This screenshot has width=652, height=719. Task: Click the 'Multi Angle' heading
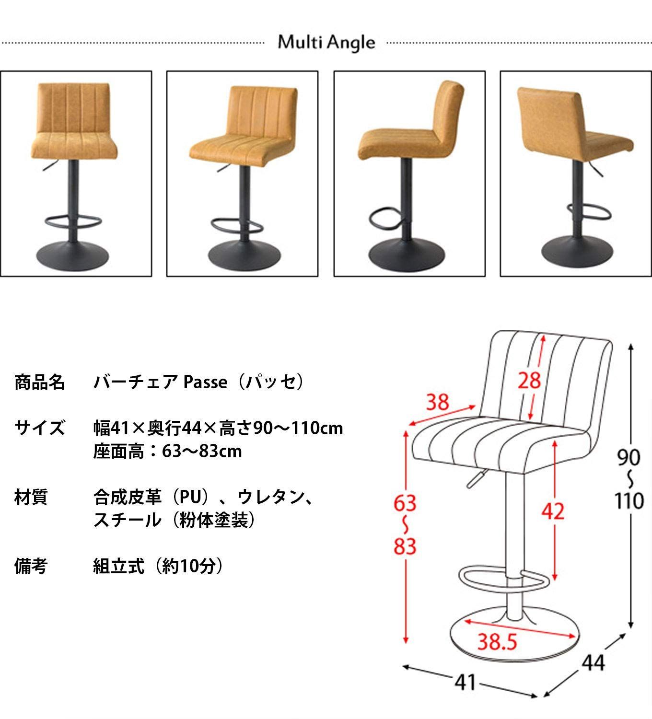pyautogui.click(x=326, y=43)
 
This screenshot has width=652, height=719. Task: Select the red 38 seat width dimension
pyautogui.click(x=437, y=402)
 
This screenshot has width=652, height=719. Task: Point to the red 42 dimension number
pyautogui.click(x=553, y=512)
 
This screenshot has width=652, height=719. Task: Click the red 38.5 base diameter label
pyautogui.click(x=497, y=641)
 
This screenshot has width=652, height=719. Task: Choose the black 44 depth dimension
pyautogui.click(x=594, y=663)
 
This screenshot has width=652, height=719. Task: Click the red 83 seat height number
pyautogui.click(x=405, y=546)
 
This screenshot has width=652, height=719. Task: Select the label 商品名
pyautogui.click(x=39, y=382)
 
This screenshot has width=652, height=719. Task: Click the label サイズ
pyautogui.click(x=39, y=427)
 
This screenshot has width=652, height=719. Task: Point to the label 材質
pyautogui.click(x=31, y=497)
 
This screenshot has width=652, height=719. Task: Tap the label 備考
pyautogui.click(x=31, y=567)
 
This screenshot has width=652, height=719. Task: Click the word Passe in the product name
pyautogui.click(x=206, y=382)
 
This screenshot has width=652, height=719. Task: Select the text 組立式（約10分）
pyautogui.click(x=158, y=567)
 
